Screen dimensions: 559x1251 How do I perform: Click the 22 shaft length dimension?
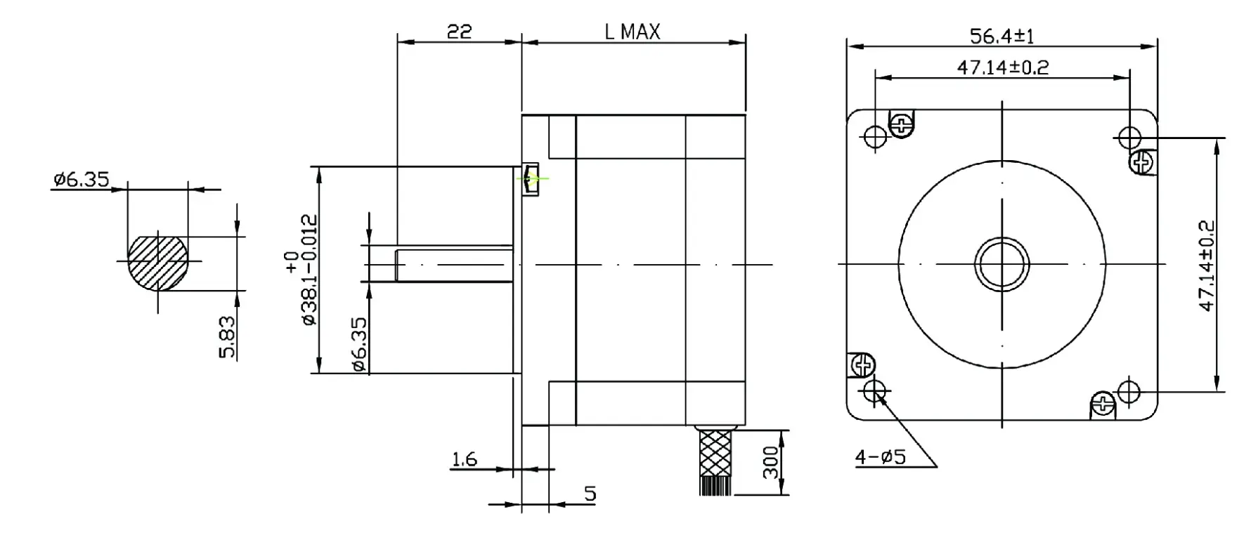coord(459,32)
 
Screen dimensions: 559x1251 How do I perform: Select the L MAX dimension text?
coord(632,32)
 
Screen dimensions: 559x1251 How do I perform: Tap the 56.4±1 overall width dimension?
coord(1002,36)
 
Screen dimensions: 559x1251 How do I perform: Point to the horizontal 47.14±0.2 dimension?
coord(1002,67)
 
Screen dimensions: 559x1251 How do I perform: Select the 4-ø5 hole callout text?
coord(880,458)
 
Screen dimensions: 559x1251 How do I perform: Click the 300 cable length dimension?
coord(771,462)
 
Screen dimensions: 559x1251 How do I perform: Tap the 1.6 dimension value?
coord(464,459)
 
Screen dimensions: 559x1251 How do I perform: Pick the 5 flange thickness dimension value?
coord(590,494)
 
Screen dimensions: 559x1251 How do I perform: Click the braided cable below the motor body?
coord(715,453)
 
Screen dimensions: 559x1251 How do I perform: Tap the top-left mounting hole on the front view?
coord(875,136)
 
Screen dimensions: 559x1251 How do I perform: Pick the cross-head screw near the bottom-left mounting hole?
coord(862,365)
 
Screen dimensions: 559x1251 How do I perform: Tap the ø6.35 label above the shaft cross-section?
coord(81,180)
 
